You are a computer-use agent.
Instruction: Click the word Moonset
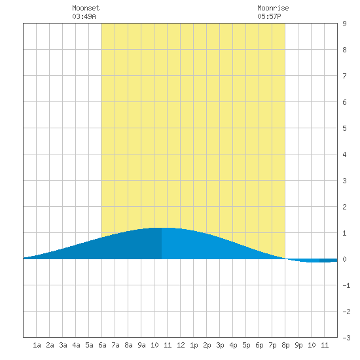pyautogui.click(x=86, y=8)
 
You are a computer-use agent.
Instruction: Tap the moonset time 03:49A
pyautogui.click(x=84, y=16)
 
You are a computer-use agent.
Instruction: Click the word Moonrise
pyautogui.click(x=273, y=8)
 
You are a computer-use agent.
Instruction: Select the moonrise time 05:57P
pyautogui.click(x=269, y=16)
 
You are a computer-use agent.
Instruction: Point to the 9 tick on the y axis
pyautogui.click(x=344, y=24)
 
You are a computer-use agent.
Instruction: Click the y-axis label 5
pyautogui.click(x=344, y=128)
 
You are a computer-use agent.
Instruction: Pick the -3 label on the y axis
pyautogui.click(x=346, y=338)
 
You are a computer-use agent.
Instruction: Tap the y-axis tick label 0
pyautogui.click(x=344, y=259)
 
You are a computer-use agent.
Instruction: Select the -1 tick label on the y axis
pyautogui.click(x=346, y=285)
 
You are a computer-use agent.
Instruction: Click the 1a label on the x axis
pyautogui.click(x=37, y=345)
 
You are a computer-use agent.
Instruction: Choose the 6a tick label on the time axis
pyautogui.click(x=102, y=345)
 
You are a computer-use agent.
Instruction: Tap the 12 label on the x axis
pyautogui.click(x=181, y=345)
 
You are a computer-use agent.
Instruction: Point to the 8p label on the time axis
pyautogui.click(x=285, y=345)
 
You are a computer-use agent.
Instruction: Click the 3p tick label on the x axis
pyautogui.click(x=220, y=345)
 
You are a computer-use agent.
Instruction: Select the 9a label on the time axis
pyautogui.click(x=141, y=345)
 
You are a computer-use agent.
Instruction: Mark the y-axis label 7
pyautogui.click(x=344, y=76)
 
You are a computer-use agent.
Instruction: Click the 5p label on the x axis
pyautogui.click(x=246, y=345)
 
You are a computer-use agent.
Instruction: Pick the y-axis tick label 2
pyautogui.click(x=344, y=207)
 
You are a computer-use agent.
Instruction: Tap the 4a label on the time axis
pyautogui.click(x=76, y=345)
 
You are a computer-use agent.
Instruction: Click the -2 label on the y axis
pyautogui.click(x=346, y=312)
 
